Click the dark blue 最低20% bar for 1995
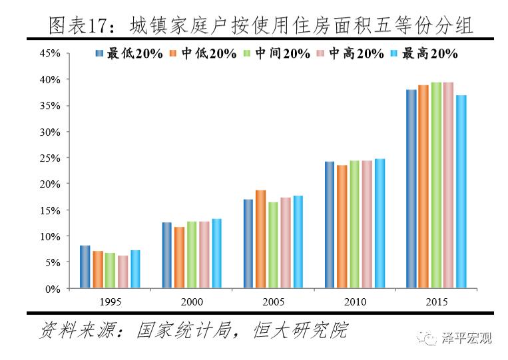point(85,267)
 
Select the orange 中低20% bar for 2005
point(260,240)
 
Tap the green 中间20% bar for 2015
point(435,186)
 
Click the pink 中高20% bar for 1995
point(123,272)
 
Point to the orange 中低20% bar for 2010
point(342,227)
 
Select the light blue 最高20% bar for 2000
point(216,254)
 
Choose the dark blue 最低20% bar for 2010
point(330,225)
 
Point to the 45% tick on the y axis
point(51,53)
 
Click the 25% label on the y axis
point(51,158)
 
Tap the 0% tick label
point(53,289)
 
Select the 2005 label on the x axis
point(273,301)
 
